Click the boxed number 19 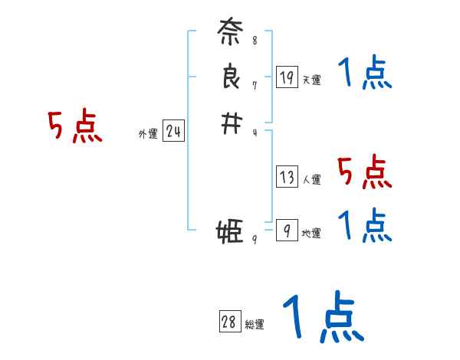coord(287,77)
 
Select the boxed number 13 coord(287,178)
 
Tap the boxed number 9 coord(287,230)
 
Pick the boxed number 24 coord(173,132)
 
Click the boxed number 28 coord(228,322)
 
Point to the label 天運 coord(312,80)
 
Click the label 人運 coord(312,180)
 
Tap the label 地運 coord(312,233)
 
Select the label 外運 coord(148,134)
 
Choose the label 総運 coord(255,325)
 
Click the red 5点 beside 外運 coord(74,126)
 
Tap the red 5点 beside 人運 coord(364,172)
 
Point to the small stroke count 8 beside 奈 coord(255,40)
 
